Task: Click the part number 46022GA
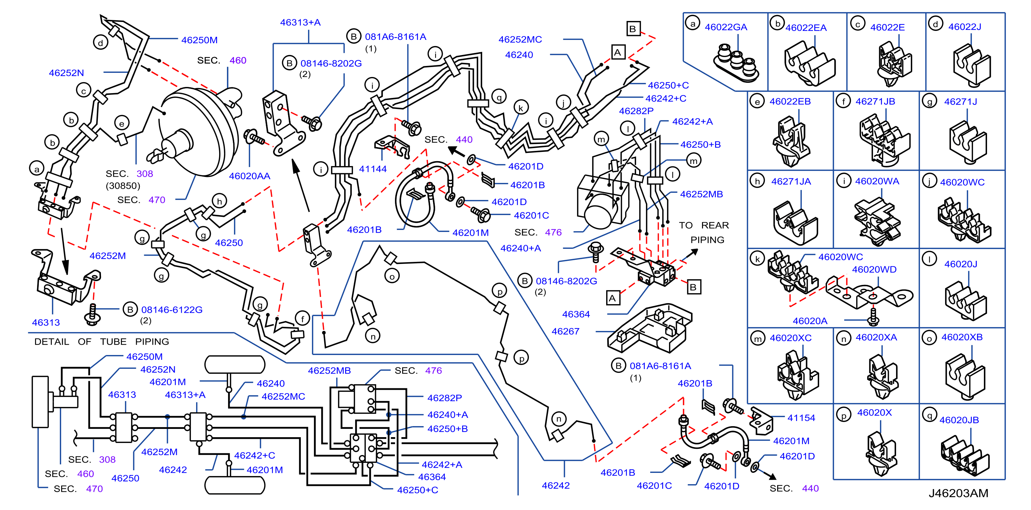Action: [726, 27]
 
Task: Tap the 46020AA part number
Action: [249, 176]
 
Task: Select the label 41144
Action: [373, 169]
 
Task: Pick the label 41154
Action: [801, 418]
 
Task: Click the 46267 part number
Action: [565, 331]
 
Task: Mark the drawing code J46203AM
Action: [958, 493]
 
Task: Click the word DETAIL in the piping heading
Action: [52, 342]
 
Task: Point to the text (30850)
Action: [123, 186]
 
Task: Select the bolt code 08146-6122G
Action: [172, 310]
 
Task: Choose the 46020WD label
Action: [874, 270]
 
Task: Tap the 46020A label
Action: [810, 321]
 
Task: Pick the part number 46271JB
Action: [875, 102]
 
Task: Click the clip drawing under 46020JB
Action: [965, 455]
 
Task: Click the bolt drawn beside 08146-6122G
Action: [92, 314]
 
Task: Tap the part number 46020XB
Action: [962, 337]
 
